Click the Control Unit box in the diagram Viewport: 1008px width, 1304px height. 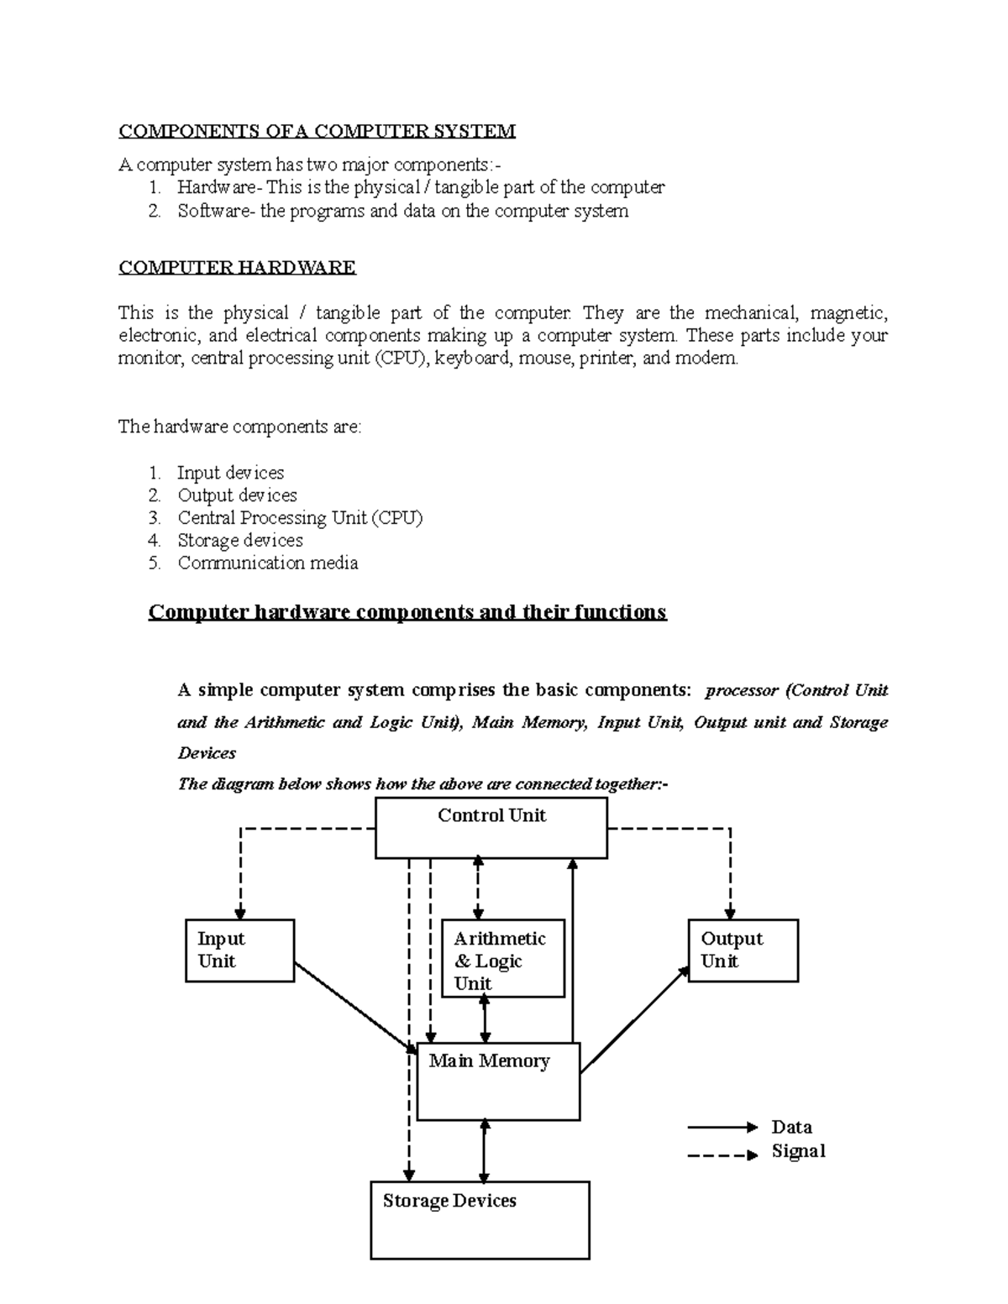(491, 828)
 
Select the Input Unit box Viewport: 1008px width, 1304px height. (239, 951)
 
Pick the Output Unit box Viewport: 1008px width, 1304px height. (743, 951)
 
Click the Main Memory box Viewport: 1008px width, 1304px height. (498, 1081)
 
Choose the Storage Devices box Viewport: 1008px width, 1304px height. (480, 1219)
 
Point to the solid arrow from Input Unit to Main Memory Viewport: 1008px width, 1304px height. (354, 1008)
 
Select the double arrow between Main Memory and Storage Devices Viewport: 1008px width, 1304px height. (483, 1150)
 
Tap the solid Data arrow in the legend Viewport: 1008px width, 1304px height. (722, 1127)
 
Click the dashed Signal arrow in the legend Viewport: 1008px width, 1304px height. (722, 1155)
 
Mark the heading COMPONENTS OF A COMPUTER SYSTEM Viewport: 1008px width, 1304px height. (317, 131)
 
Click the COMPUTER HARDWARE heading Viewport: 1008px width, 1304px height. (237, 268)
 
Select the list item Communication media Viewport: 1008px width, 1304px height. (267, 563)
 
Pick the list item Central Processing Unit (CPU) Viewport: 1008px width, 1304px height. (300, 518)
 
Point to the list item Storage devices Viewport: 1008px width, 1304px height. (239, 541)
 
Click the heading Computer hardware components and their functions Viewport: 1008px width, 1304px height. (407, 612)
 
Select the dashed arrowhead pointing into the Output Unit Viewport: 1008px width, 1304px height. (731, 913)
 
